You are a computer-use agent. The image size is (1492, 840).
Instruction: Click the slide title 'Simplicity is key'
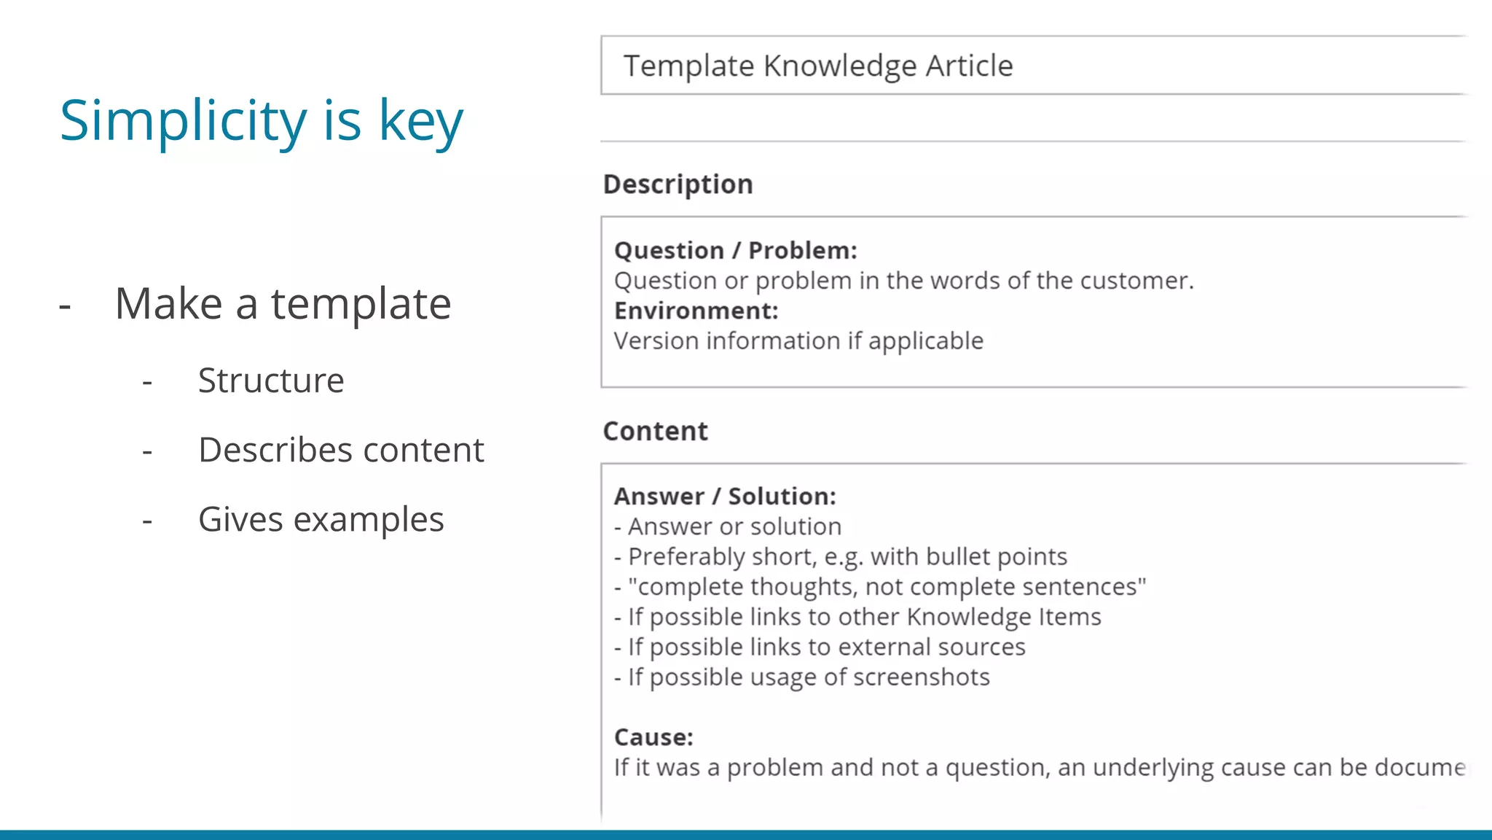(x=261, y=121)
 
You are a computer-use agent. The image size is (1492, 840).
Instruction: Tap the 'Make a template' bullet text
(x=283, y=304)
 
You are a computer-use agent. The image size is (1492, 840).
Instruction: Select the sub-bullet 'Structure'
(x=271, y=381)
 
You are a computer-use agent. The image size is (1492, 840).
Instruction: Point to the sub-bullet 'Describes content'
(x=341, y=450)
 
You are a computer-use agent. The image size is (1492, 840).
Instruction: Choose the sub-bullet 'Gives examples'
(x=321, y=520)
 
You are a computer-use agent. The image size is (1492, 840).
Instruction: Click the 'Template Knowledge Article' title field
(x=817, y=66)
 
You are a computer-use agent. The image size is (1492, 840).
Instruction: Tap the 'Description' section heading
(x=678, y=184)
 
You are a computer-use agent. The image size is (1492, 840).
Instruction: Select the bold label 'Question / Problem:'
(x=736, y=250)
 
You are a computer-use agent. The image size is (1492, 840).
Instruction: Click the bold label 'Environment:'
(x=696, y=311)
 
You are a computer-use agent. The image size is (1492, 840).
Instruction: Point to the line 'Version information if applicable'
(x=798, y=341)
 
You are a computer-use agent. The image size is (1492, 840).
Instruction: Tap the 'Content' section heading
(x=655, y=431)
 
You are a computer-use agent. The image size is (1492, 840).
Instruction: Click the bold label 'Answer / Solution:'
(x=725, y=496)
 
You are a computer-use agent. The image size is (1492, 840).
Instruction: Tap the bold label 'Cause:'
(x=653, y=737)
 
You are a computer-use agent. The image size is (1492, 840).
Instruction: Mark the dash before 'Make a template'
(x=65, y=306)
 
